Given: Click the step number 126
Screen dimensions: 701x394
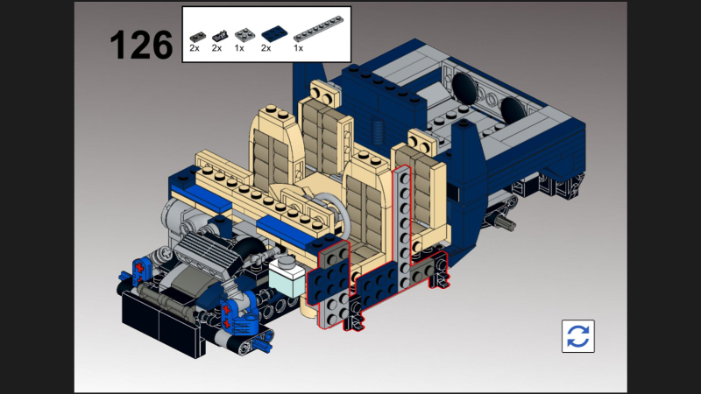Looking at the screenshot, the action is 141,45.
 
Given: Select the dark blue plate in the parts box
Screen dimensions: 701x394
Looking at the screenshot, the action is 274,34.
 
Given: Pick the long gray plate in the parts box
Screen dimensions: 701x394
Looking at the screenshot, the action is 318,29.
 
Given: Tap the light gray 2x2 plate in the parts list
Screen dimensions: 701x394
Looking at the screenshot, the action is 245,34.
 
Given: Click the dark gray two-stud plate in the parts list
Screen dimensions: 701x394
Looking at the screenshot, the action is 198,37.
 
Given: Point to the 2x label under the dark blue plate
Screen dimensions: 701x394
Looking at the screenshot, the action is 266,48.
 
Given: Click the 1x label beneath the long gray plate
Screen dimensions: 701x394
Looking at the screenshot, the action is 298,48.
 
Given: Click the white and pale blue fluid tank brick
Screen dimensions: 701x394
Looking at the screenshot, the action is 287,276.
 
